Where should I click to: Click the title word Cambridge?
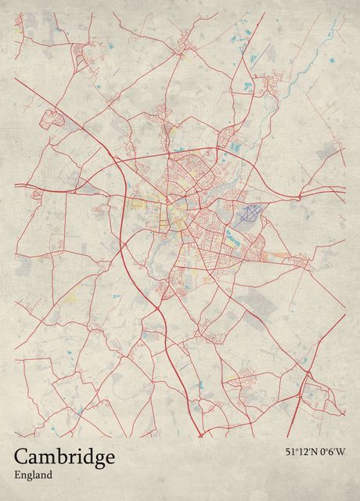pyautogui.click(x=64, y=456)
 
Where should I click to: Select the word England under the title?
pyautogui.click(x=33, y=474)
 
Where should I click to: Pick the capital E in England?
pyautogui.click(x=17, y=474)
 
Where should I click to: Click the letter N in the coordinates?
pyautogui.click(x=315, y=452)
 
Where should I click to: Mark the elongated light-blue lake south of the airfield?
pyautogui.click(x=233, y=234)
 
